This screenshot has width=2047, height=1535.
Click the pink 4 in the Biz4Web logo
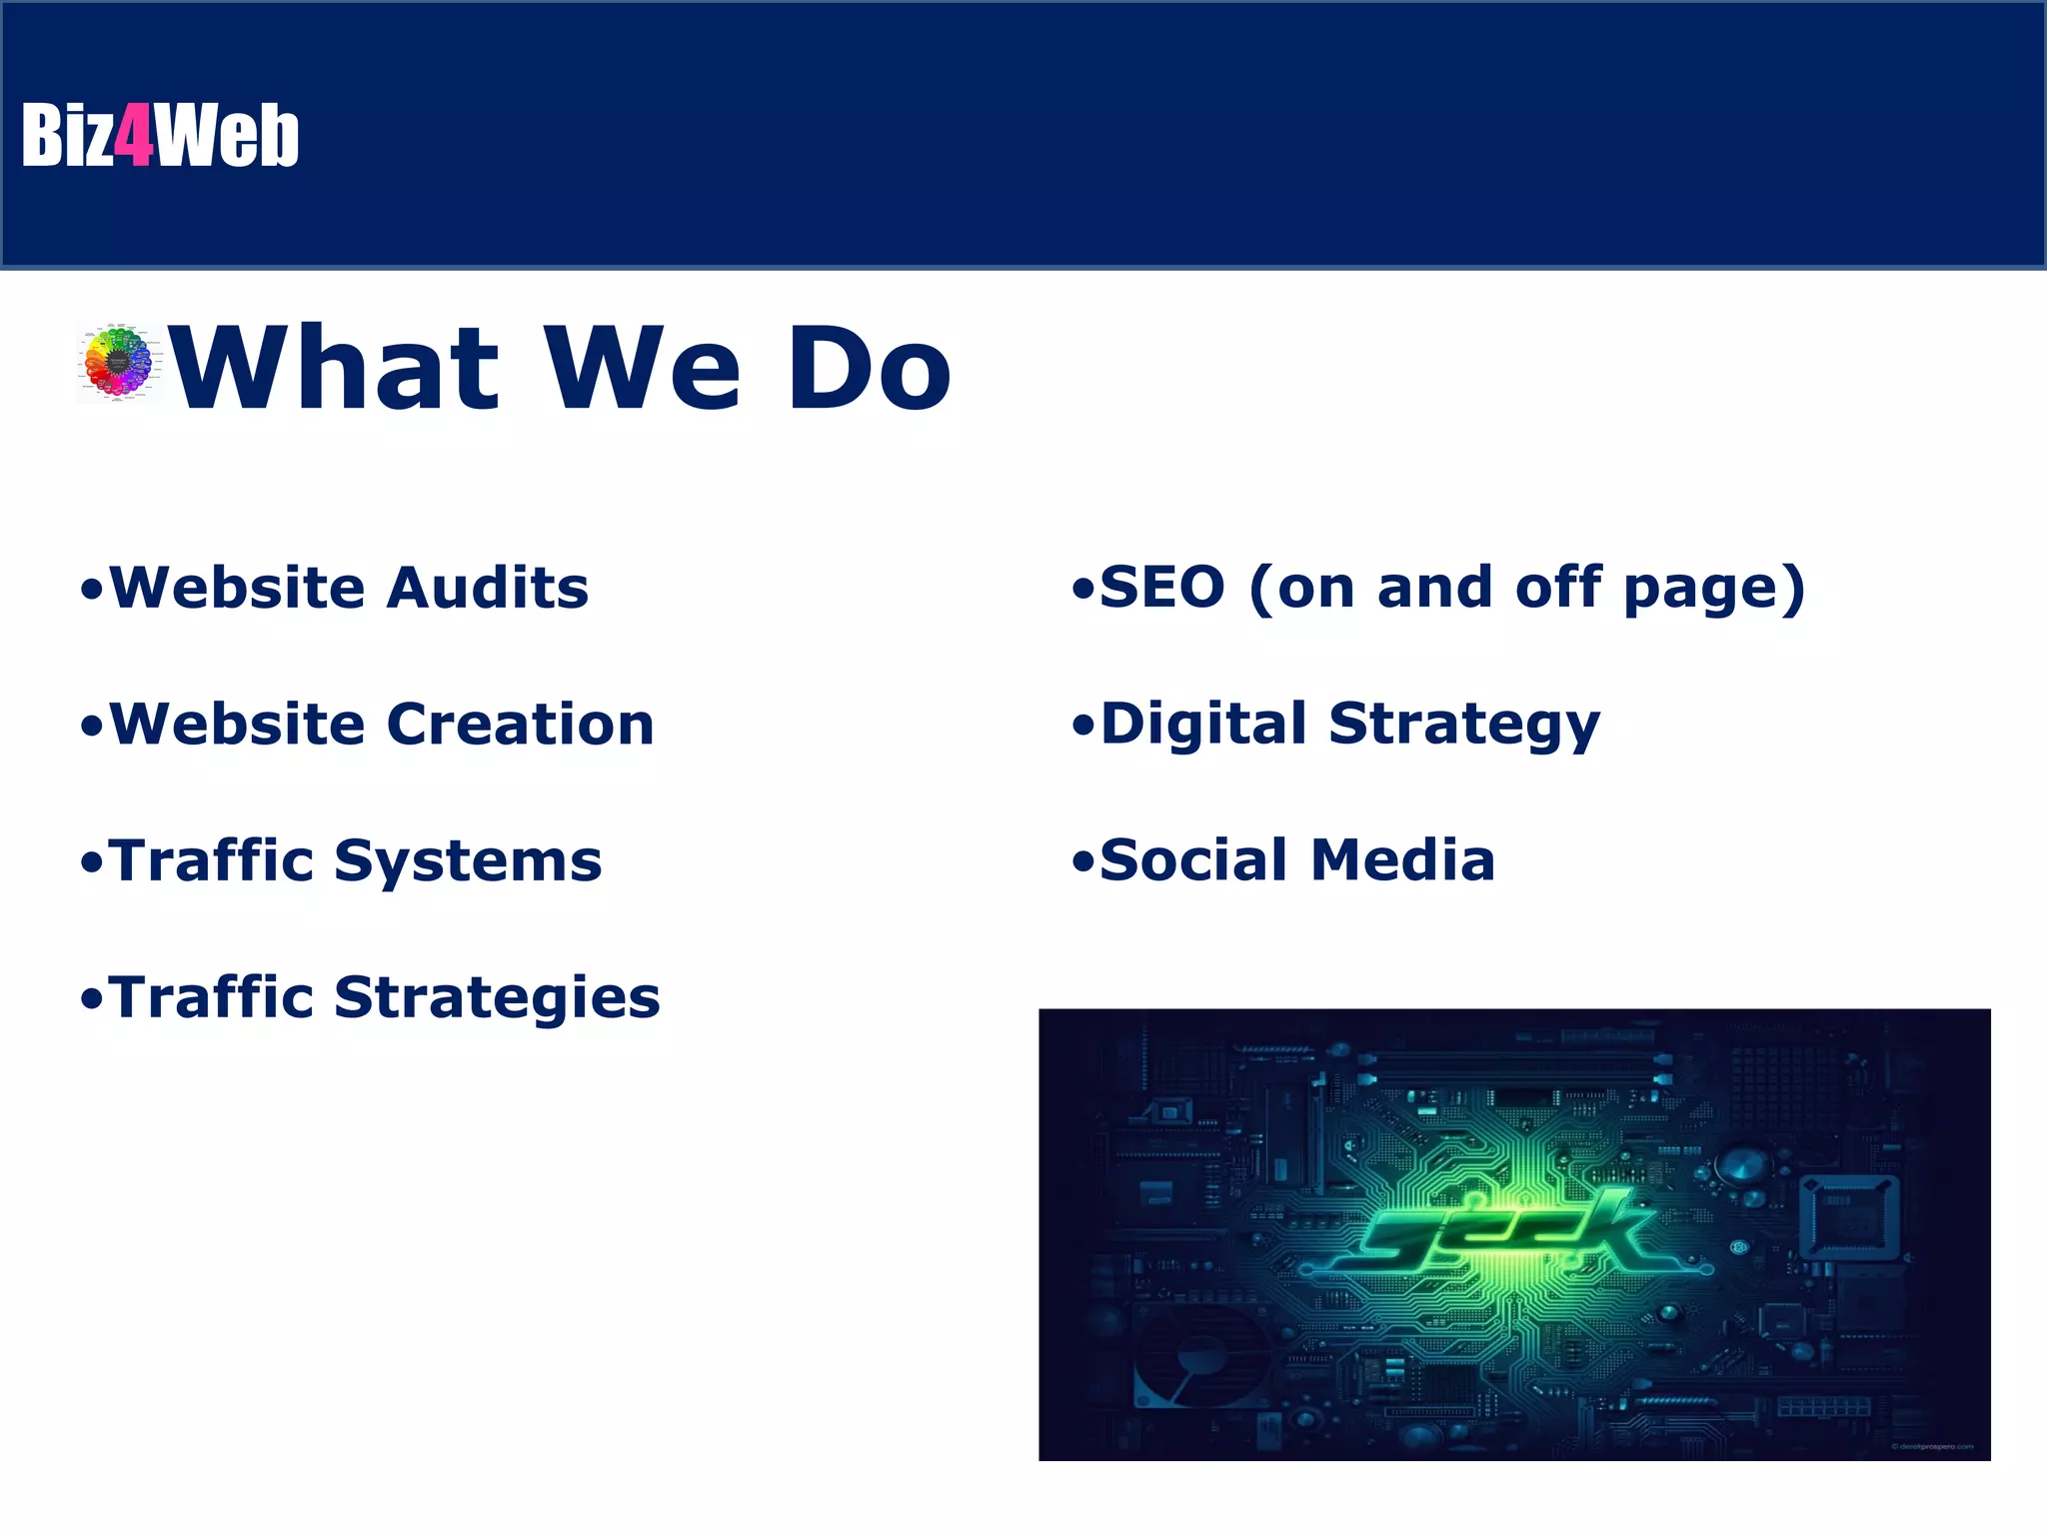[134, 135]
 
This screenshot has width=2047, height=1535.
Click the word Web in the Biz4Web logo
[227, 135]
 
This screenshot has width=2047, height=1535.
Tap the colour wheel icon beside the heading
[118, 363]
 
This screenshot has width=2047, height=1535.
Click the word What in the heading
[336, 369]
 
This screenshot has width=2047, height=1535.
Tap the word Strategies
[497, 998]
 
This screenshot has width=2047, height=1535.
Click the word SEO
[1161, 588]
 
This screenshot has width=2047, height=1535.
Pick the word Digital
[1203, 725]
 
